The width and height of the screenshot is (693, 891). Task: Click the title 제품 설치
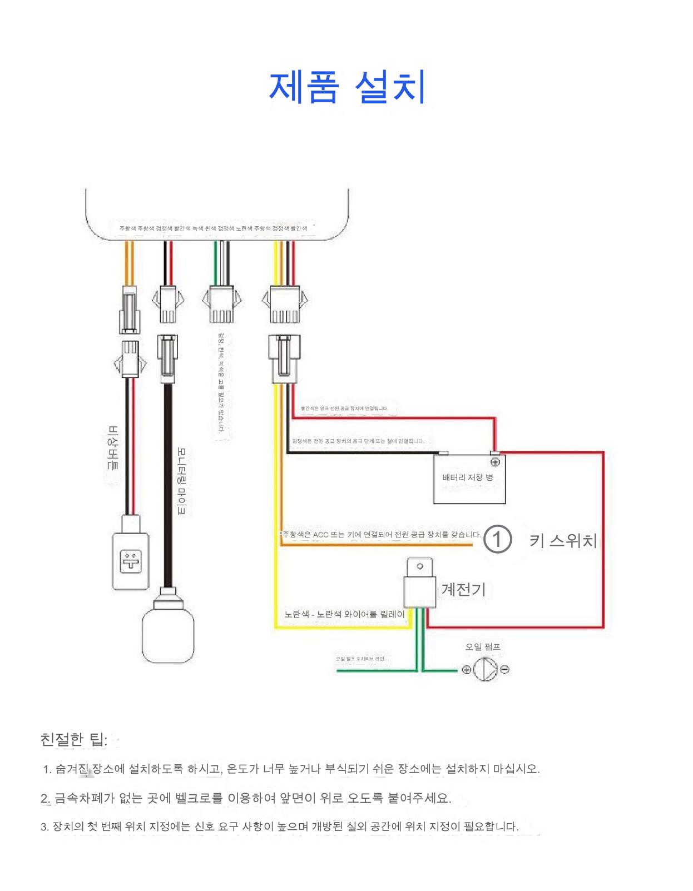(347, 87)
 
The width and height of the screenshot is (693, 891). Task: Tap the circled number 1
(497, 539)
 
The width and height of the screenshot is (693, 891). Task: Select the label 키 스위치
(563, 540)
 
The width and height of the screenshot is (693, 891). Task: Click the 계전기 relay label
(463, 589)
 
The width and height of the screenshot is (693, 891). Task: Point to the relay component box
(420, 591)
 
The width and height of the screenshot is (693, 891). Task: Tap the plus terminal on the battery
(494, 462)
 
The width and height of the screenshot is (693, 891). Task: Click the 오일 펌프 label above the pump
(483, 647)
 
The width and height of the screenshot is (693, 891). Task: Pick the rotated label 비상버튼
(113, 448)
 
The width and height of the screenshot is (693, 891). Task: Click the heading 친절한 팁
(73, 740)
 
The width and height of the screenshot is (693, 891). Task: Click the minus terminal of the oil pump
(504, 670)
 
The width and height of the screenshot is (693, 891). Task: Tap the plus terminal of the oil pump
(466, 670)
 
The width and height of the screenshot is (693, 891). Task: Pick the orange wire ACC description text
(380, 535)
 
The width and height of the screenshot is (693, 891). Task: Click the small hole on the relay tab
(420, 566)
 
